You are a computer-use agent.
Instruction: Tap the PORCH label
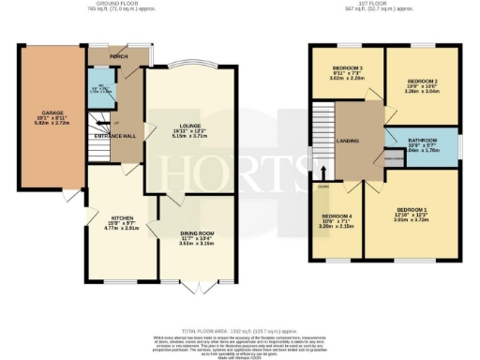119,56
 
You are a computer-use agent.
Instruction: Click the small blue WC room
98,91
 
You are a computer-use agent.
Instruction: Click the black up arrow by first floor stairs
323,172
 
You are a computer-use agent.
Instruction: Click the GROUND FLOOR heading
122,5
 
